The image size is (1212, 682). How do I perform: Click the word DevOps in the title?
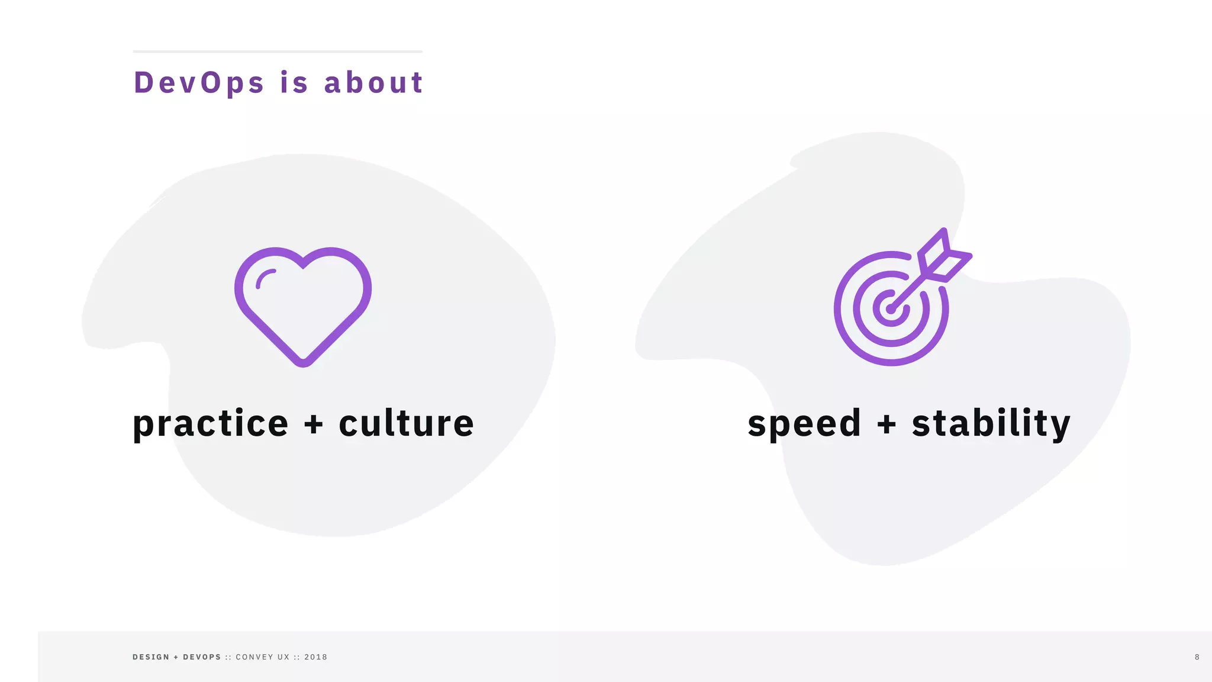click(x=199, y=83)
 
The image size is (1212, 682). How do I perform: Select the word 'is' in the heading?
click(x=294, y=83)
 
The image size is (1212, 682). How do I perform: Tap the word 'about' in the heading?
click(x=373, y=83)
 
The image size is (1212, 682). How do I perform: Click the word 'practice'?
click(x=211, y=424)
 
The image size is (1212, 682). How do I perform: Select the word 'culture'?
click(x=406, y=424)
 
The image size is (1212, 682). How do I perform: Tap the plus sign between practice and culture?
click(x=314, y=424)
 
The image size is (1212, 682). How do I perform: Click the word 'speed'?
click(x=804, y=424)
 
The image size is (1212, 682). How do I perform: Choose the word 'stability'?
click(x=991, y=424)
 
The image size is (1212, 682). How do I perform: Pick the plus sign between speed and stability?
click(x=887, y=424)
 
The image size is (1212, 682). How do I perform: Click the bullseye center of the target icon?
click(x=891, y=308)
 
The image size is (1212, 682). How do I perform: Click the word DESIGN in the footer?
click(x=151, y=657)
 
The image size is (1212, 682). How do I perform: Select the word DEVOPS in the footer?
click(x=202, y=657)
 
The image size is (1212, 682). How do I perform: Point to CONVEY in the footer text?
click(x=254, y=657)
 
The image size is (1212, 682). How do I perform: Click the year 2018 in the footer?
click(x=316, y=657)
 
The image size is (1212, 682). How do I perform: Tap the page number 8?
click(x=1197, y=657)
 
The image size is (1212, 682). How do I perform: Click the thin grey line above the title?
click(x=278, y=52)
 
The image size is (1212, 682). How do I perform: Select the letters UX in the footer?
click(x=283, y=657)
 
